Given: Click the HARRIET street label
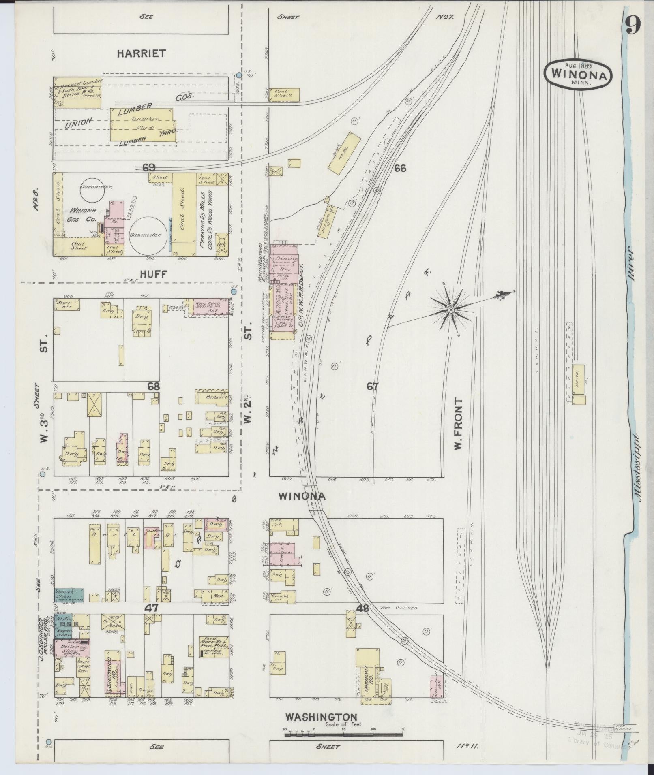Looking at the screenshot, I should click(x=141, y=53).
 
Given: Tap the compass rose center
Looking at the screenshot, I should click(x=451, y=310).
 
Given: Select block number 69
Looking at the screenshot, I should click(x=149, y=167).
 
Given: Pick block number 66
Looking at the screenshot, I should click(x=400, y=168).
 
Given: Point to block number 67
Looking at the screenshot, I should click(x=372, y=386).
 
